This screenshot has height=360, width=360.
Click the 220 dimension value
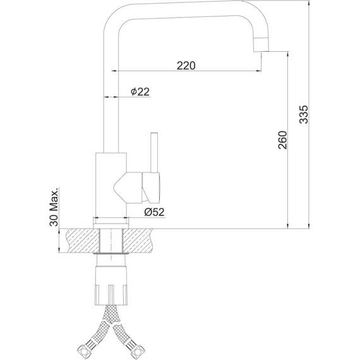(186, 66)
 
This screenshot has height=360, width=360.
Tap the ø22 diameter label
(140, 92)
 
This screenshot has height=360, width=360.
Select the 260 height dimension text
(282, 140)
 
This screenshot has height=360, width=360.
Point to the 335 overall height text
(304, 114)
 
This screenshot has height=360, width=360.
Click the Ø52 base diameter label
(154, 212)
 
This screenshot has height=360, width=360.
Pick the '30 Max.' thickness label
(54, 207)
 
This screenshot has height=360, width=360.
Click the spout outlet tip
(261, 48)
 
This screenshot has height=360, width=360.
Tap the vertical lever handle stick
(154, 152)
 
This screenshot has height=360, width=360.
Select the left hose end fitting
(85, 350)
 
